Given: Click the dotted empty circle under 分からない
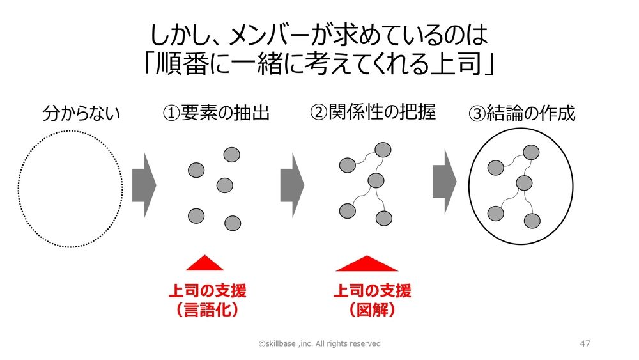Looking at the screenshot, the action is click(70, 189).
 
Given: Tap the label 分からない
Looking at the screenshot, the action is click(82, 113).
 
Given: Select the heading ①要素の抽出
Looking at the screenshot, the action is click(216, 113).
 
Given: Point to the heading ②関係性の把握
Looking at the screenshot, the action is click(373, 112).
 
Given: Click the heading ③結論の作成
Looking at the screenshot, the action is click(522, 113).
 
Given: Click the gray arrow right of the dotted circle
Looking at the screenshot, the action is click(144, 185).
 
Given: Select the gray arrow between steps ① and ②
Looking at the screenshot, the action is click(292, 185).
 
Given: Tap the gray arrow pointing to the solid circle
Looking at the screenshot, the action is click(445, 182).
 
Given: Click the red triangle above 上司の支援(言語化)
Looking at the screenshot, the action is click(204, 263).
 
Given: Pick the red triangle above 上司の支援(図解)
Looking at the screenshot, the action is click(367, 263).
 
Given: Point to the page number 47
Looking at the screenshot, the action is click(585, 343).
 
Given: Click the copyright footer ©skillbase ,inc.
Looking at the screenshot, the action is click(319, 343).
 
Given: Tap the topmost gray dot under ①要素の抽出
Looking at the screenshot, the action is click(232, 155).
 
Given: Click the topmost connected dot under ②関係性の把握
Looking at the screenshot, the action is click(383, 150).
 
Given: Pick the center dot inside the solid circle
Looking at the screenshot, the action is click(524, 183).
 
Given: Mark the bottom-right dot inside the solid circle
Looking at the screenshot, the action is click(532, 221).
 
